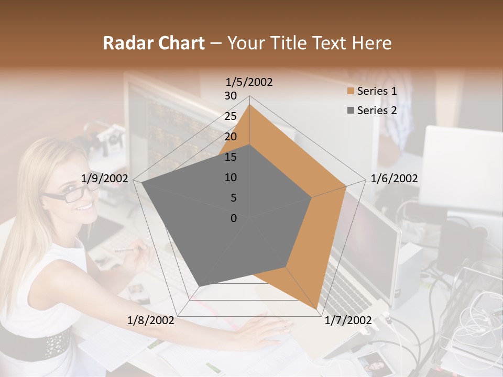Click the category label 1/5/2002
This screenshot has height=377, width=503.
click(x=249, y=82)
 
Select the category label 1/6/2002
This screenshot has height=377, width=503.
click(x=394, y=179)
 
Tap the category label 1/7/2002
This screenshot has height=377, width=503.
click(x=348, y=320)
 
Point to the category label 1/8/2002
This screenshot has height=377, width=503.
click(x=151, y=320)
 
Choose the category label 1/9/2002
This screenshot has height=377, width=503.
click(x=105, y=179)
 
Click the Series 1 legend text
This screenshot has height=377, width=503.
click(x=377, y=91)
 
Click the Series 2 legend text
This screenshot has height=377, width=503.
click(x=377, y=110)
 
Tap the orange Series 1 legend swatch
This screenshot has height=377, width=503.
click(x=350, y=91)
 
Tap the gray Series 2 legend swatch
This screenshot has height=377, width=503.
click(x=350, y=110)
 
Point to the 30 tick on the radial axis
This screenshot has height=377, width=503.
click(x=231, y=96)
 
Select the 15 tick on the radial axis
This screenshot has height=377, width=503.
click(x=231, y=157)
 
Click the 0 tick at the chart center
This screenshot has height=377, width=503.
click(x=234, y=218)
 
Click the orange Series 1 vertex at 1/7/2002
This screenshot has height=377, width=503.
click(x=318, y=308)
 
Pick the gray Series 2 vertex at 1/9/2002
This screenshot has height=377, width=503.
click(x=142, y=183)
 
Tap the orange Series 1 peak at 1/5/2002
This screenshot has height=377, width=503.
click(x=249, y=105)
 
